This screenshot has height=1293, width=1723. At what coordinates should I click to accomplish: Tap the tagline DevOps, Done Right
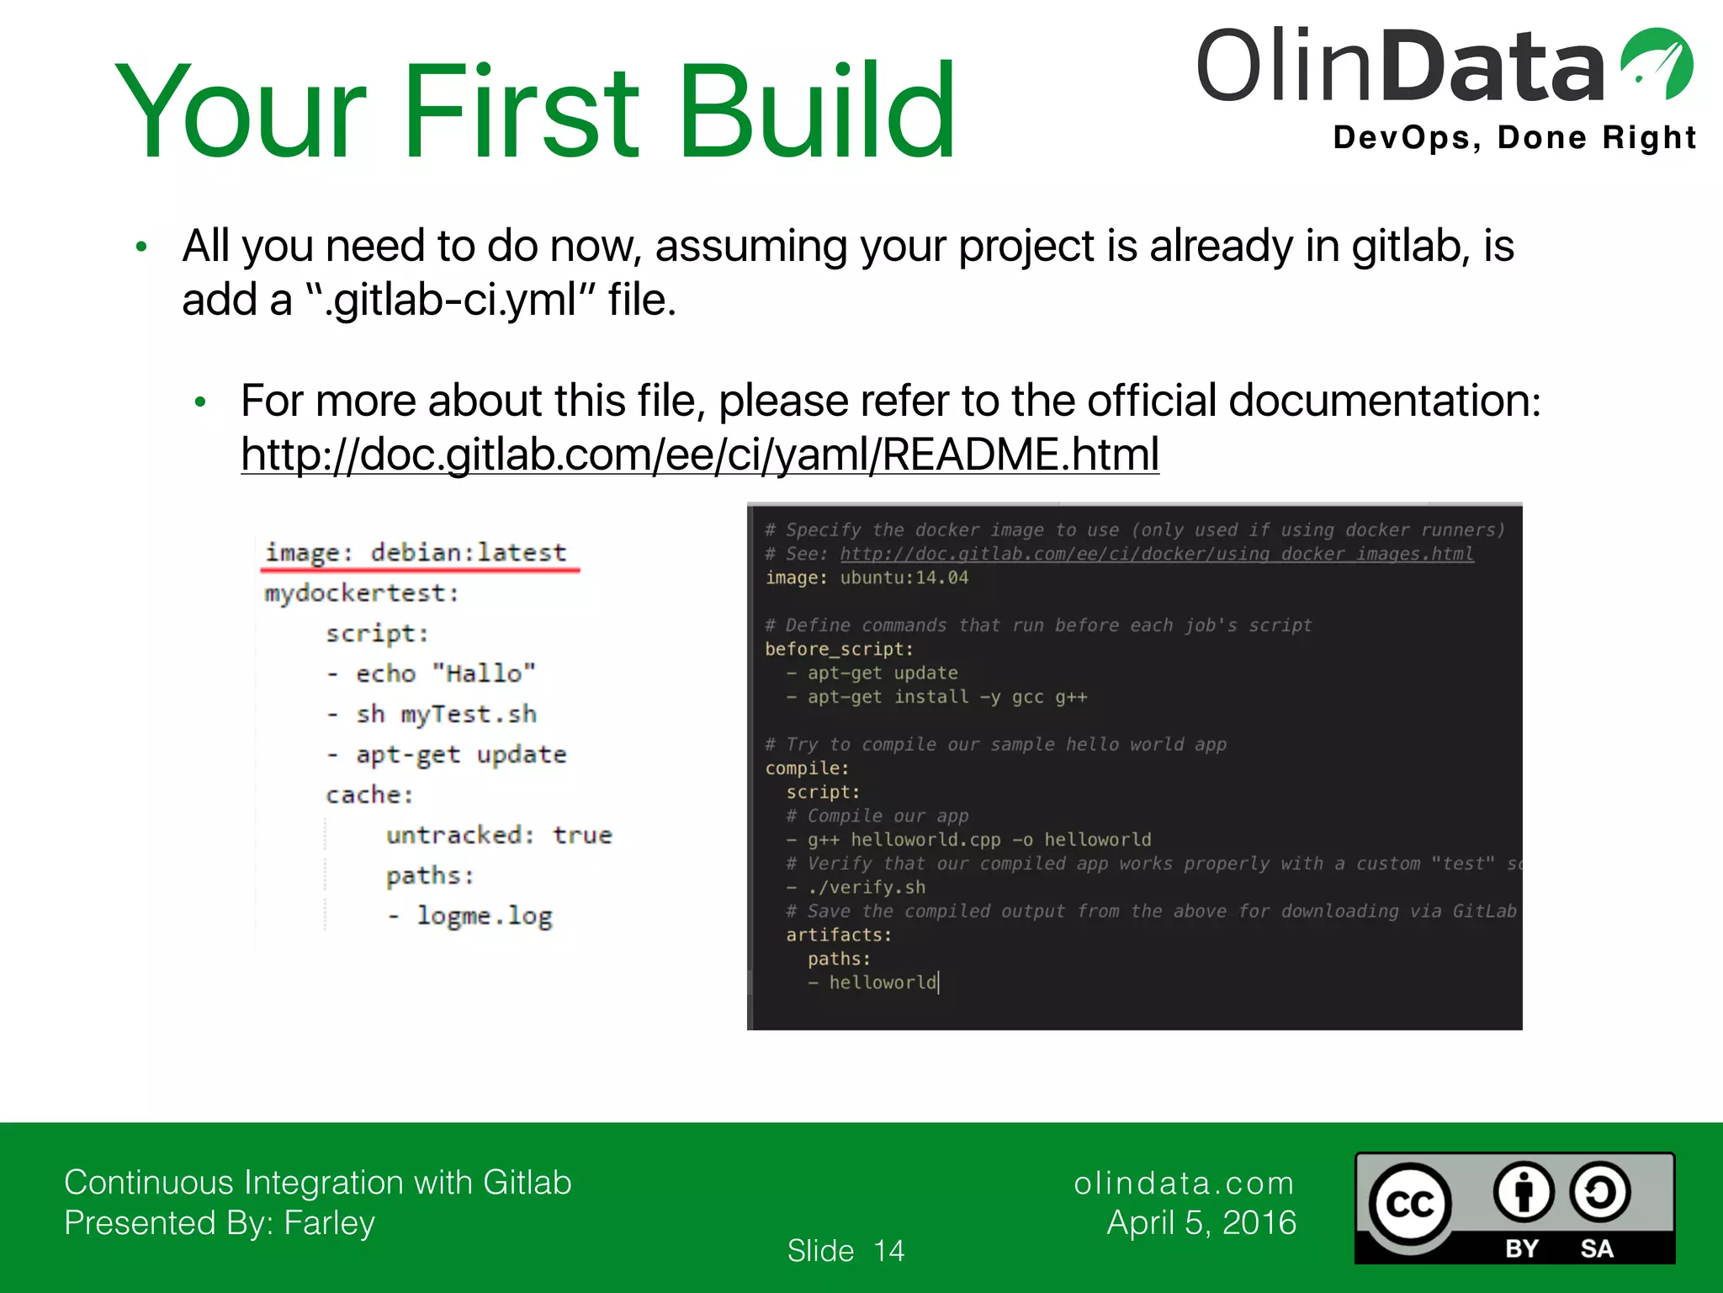coord(1514,137)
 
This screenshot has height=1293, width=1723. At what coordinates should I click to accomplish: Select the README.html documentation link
coord(699,455)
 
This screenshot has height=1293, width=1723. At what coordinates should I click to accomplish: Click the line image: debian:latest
coord(416,552)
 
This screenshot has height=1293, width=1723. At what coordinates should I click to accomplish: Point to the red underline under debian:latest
coord(421,572)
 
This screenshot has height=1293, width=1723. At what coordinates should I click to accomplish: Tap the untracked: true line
coord(498,835)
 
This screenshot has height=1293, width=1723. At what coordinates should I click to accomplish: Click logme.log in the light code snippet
coord(485,916)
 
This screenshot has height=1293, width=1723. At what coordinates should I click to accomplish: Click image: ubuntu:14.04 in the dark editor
coord(867,577)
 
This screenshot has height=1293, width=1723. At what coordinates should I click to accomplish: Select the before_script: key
coord(838,649)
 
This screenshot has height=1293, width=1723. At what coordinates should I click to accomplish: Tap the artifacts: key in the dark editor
coord(838,934)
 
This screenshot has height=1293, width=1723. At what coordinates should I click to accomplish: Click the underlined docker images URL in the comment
coord(1156,554)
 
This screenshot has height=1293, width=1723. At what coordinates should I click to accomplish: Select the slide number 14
coord(888,1251)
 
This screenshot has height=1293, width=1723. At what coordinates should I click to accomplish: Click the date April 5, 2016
coord(1201,1222)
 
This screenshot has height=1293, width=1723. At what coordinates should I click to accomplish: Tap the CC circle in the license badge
coord(1408,1204)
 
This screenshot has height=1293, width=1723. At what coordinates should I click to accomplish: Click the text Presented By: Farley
coord(220,1222)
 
